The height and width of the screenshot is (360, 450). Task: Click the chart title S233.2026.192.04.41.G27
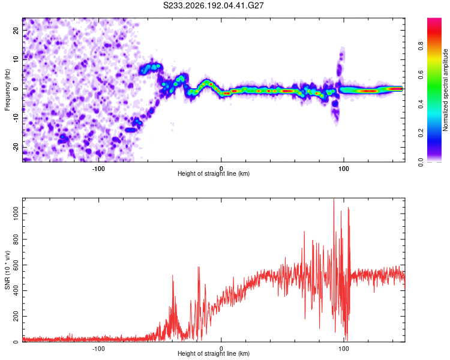213,5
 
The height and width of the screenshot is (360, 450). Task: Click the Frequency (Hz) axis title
7,90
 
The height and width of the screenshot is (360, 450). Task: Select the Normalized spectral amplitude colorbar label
445,90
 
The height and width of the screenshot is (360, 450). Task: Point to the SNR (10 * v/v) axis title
7,270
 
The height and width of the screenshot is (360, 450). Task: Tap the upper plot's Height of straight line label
214,173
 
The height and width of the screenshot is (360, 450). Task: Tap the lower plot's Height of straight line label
214,353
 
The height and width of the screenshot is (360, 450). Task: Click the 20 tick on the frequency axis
16,31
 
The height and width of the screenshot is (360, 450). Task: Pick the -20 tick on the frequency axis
16,147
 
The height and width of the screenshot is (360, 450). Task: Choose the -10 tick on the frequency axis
16,118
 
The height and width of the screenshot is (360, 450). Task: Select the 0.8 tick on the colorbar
421,46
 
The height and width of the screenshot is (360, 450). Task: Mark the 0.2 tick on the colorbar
421,133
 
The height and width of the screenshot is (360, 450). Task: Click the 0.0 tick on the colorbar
421,162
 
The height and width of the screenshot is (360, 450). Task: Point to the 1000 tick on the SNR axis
16,214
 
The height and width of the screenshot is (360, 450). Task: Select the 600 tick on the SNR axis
16,265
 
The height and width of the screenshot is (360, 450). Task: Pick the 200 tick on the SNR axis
16,316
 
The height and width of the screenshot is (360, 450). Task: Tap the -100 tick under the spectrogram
98,169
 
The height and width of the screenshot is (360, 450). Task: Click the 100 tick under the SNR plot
344,349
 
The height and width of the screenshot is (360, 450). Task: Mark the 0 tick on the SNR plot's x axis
221,349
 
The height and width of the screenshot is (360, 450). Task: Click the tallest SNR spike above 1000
334,199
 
